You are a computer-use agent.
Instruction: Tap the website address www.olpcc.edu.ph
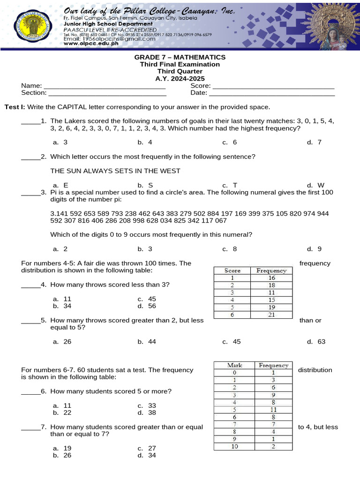(x=90, y=43)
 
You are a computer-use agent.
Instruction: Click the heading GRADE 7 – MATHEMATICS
(x=180, y=57)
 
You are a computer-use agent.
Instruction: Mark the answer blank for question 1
(x=30, y=121)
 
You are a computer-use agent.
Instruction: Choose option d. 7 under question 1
(x=314, y=142)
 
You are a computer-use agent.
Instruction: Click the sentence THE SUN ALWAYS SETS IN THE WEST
(x=115, y=171)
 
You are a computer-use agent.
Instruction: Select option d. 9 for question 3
(x=314, y=249)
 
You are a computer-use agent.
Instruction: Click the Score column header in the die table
(x=232, y=270)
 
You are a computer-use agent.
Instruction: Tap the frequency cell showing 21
(x=271, y=315)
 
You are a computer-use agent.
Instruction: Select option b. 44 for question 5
(x=145, y=341)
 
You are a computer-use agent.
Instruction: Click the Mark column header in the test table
(x=234, y=365)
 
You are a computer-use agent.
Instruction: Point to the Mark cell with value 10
(x=234, y=446)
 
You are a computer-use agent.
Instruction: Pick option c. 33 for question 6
(x=147, y=405)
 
